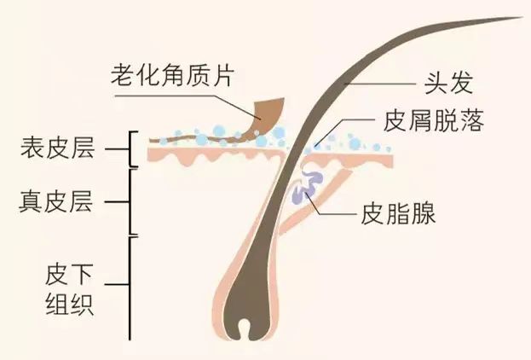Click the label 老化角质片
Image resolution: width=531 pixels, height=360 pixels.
click(x=173, y=74)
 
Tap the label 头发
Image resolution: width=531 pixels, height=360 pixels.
click(x=448, y=83)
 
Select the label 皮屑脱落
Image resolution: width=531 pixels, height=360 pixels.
click(x=434, y=120)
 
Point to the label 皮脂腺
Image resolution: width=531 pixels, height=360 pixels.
click(x=398, y=213)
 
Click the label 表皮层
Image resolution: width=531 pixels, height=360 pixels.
click(x=58, y=148)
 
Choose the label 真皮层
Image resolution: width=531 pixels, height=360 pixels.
click(x=56, y=201)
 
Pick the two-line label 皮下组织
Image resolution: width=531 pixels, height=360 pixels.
click(x=69, y=290)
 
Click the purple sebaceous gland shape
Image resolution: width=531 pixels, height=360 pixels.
click(x=307, y=188)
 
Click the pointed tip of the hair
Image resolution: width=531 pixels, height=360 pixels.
click(x=522, y=17)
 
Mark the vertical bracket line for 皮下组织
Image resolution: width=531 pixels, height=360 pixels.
click(x=130, y=288)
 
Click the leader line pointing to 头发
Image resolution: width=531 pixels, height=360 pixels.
click(x=379, y=84)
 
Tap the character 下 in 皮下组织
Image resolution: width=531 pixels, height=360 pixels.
click(x=82, y=276)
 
